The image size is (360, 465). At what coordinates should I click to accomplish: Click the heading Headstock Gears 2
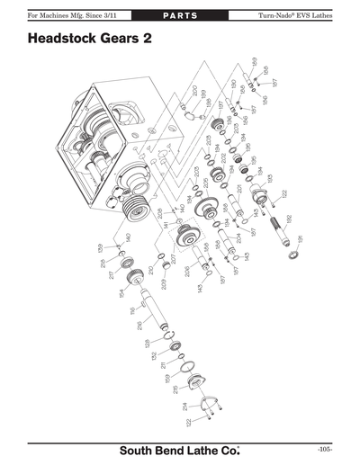click(89, 40)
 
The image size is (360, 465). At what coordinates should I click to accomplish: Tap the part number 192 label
click(289, 219)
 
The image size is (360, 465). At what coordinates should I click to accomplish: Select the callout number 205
click(196, 170)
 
